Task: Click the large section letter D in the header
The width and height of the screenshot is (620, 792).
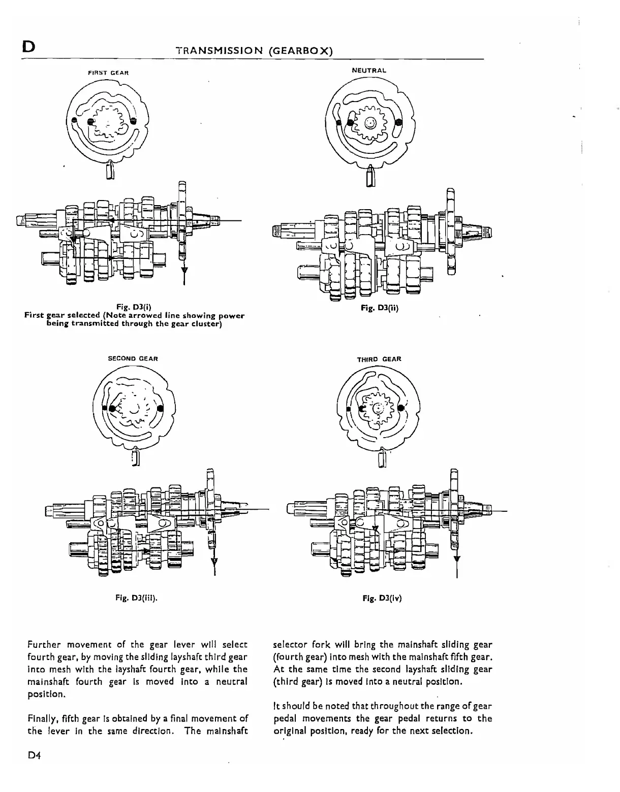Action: point(28,47)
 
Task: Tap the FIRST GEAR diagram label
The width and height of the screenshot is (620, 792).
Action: point(109,73)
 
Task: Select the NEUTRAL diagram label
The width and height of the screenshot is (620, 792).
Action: point(369,70)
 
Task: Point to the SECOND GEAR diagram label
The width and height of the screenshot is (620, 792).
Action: point(133,358)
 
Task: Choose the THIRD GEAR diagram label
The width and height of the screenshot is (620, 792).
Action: point(379,359)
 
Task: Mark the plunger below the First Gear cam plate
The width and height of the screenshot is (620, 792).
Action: point(110,170)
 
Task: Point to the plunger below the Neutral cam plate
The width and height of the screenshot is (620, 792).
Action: point(371,175)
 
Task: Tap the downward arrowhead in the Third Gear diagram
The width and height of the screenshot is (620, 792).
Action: point(456,558)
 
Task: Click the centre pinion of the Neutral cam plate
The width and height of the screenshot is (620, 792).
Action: point(371,123)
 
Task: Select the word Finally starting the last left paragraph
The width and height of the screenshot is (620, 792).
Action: point(43,718)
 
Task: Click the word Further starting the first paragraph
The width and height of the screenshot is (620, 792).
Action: point(45,645)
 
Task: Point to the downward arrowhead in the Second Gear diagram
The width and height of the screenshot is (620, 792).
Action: point(214,560)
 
